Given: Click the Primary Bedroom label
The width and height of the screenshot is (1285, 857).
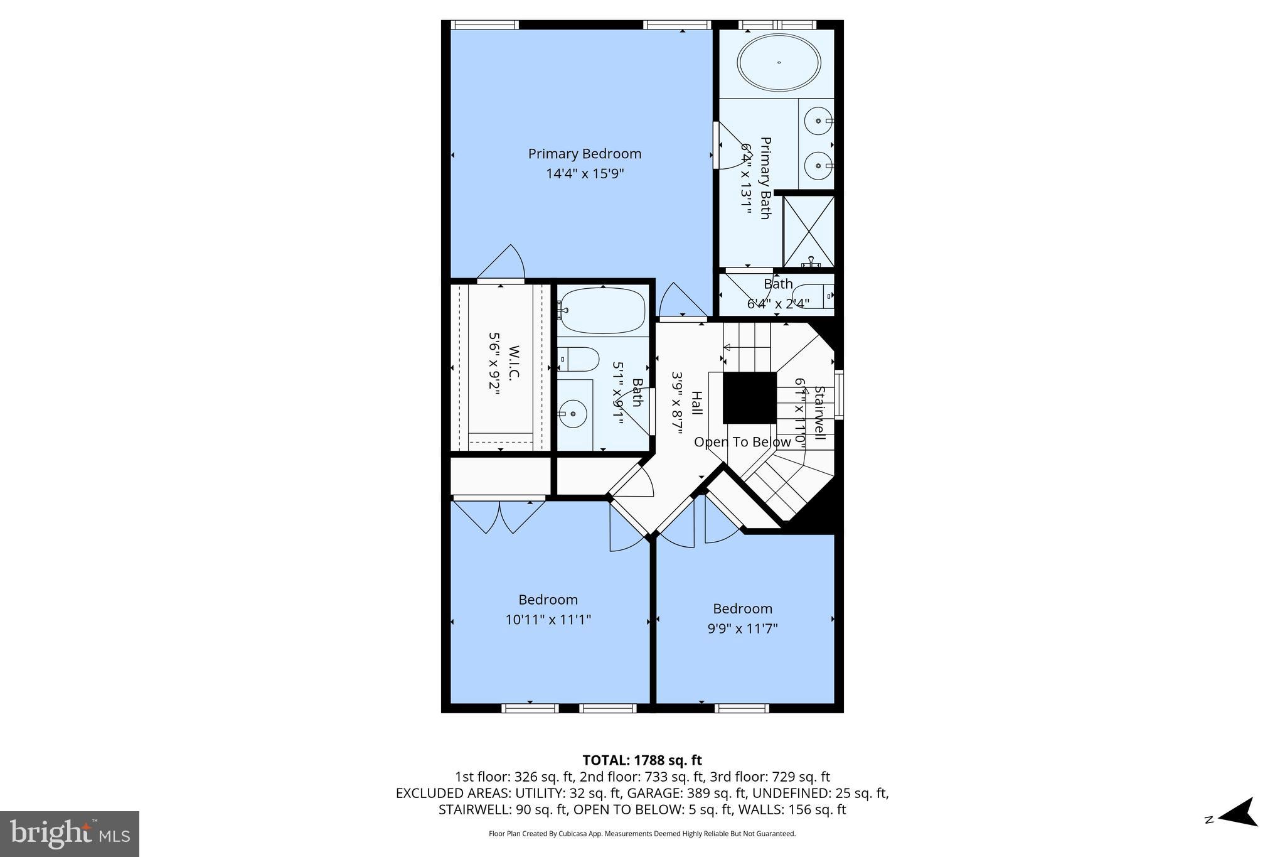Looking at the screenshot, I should pos(584,154).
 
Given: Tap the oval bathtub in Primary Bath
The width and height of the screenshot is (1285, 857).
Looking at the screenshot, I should pos(779,63).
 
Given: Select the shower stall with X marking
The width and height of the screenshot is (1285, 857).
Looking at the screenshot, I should pos(809,231).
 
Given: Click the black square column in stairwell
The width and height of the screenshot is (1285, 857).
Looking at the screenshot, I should pos(749,398).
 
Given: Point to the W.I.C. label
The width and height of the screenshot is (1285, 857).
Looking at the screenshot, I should pos(514,362).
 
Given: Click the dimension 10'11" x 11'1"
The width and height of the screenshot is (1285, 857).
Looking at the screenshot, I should pos(548,620).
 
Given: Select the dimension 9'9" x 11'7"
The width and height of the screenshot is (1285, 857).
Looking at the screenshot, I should pos(742,628).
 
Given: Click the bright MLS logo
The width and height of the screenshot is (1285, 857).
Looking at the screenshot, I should pos(70,834).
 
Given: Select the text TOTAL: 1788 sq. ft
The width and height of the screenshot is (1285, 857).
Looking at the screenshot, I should pos(642,760).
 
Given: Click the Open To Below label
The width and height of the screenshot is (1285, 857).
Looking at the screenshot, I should pos(742,442).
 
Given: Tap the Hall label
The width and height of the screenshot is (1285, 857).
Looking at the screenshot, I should pos(696,402).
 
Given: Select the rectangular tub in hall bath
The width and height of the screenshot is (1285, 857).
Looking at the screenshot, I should pos(602,311).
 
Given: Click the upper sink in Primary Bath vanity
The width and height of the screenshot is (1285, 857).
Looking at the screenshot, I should pos(819,120).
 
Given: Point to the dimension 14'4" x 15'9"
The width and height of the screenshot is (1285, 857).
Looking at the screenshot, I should pos(584,173).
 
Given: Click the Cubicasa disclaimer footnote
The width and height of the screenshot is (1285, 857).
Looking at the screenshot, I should pos(642,834).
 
